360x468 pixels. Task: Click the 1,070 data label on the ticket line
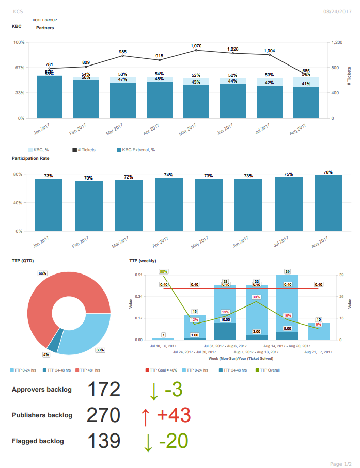196,46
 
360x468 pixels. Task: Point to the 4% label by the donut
46,354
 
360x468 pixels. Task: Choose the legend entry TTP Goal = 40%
163,370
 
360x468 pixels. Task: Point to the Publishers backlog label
42,415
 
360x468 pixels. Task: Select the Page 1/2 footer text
340,464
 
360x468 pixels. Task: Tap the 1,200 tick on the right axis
337,42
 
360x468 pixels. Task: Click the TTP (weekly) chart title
143,261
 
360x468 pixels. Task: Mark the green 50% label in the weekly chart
164,271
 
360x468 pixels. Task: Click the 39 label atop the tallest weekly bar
287,271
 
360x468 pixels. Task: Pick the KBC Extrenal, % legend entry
136,150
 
